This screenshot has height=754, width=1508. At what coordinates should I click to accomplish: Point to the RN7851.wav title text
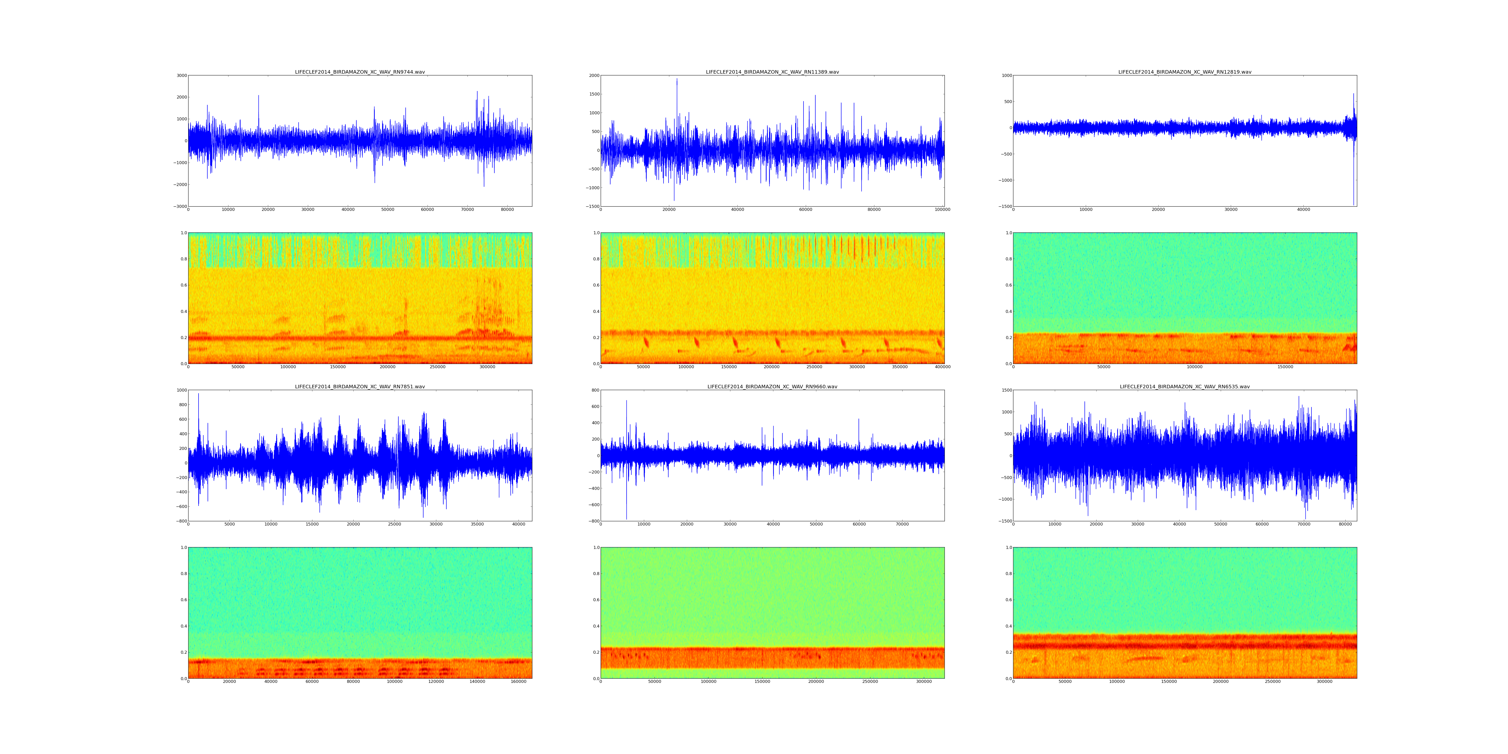pyautogui.click(x=359, y=386)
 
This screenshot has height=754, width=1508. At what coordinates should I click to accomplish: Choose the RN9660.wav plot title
pyautogui.click(x=772, y=386)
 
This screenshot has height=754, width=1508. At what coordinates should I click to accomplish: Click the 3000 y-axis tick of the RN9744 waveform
pyautogui.click(x=181, y=75)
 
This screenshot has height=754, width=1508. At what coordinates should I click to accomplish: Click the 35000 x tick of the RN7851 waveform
pyautogui.click(x=477, y=524)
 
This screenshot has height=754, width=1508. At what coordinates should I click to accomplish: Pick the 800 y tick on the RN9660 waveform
pyautogui.click(x=595, y=390)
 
